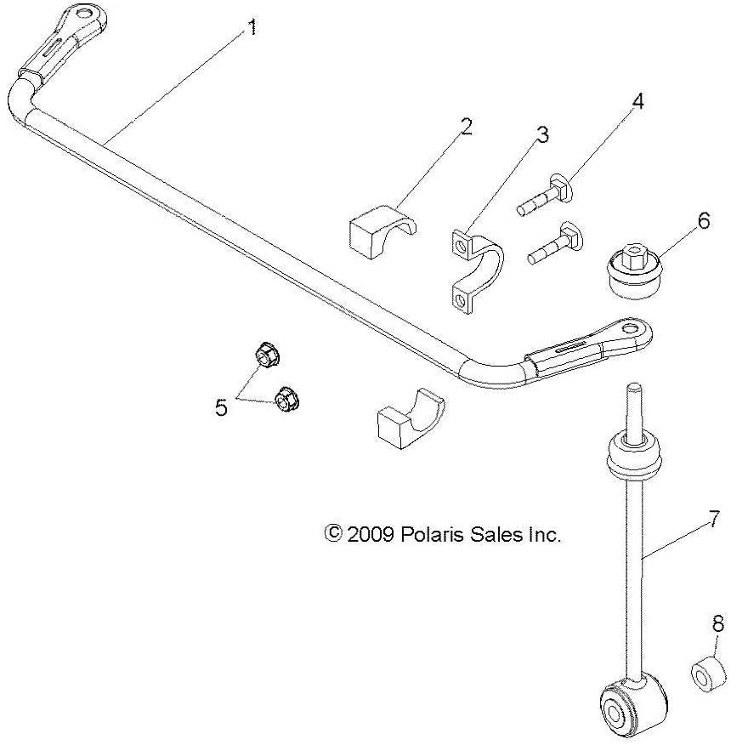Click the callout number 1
(251, 28)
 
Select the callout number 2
(466, 128)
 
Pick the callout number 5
(222, 408)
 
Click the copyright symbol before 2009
(333, 535)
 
